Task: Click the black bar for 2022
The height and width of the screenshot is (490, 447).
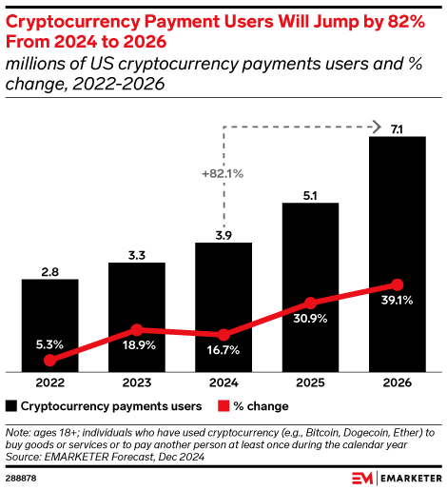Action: [x=49, y=323]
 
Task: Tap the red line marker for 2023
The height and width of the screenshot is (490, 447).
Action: [x=136, y=329]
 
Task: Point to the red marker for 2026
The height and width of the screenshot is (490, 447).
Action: [x=397, y=284]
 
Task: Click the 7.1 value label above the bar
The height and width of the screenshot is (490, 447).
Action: [x=397, y=127]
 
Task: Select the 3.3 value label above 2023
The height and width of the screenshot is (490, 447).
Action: [x=136, y=254]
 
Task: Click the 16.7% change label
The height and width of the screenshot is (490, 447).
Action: [x=223, y=352]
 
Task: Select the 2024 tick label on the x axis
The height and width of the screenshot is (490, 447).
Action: [x=223, y=383]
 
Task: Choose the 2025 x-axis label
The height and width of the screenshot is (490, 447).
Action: [x=310, y=383]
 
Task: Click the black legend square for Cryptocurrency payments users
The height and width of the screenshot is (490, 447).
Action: [x=10, y=406]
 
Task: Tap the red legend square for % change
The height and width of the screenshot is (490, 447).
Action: [x=224, y=406]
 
